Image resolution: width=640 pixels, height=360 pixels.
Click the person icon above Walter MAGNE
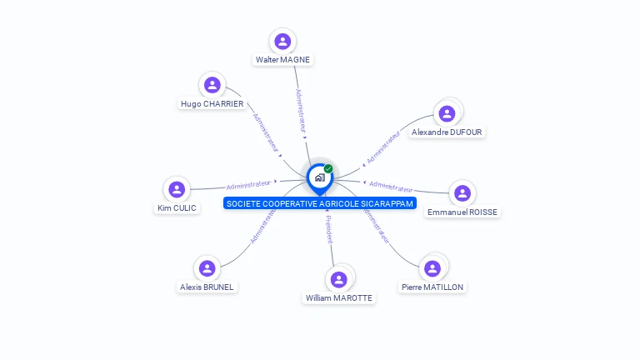pyautogui.click(x=282, y=42)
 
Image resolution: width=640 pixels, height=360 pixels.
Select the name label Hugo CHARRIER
pyautogui.click(x=212, y=104)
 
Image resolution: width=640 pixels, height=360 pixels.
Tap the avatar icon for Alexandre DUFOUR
pyautogui.click(x=447, y=113)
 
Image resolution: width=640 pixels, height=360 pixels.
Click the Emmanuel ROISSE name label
pyautogui.click(x=462, y=212)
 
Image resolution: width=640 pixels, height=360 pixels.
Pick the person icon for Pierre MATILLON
pyautogui.click(x=432, y=268)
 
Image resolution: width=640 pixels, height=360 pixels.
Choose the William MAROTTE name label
pyautogui.click(x=339, y=297)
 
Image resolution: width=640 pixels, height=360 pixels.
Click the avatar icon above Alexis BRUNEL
pyautogui.click(x=207, y=268)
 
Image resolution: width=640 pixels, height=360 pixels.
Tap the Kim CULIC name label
pyautogui.click(x=177, y=208)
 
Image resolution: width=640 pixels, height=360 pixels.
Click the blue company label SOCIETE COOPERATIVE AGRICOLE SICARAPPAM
pyautogui.click(x=319, y=203)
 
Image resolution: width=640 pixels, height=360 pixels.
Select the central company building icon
pyautogui.click(x=319, y=177)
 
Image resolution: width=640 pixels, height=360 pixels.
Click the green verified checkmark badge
pyautogui.click(x=328, y=168)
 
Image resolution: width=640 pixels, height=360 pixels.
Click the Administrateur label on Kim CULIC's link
pyautogui.click(x=249, y=184)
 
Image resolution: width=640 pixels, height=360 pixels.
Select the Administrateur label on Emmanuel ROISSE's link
pyautogui.click(x=391, y=187)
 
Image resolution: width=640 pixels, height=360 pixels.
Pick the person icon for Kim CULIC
pyautogui.click(x=177, y=189)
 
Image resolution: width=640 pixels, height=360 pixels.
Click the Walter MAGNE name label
pyautogui.click(x=282, y=60)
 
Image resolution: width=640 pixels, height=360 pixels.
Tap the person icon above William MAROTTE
pyautogui.click(x=338, y=279)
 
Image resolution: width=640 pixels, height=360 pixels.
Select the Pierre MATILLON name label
pyautogui.click(x=432, y=287)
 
